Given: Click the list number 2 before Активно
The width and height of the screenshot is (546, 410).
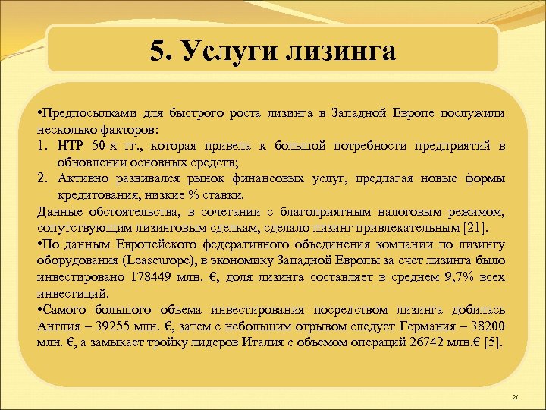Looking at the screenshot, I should pyautogui.click(x=42, y=178).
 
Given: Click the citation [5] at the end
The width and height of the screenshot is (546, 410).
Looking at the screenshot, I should pyautogui.click(x=492, y=342).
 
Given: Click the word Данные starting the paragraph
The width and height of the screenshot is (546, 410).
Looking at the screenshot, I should pyautogui.click(x=58, y=211).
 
